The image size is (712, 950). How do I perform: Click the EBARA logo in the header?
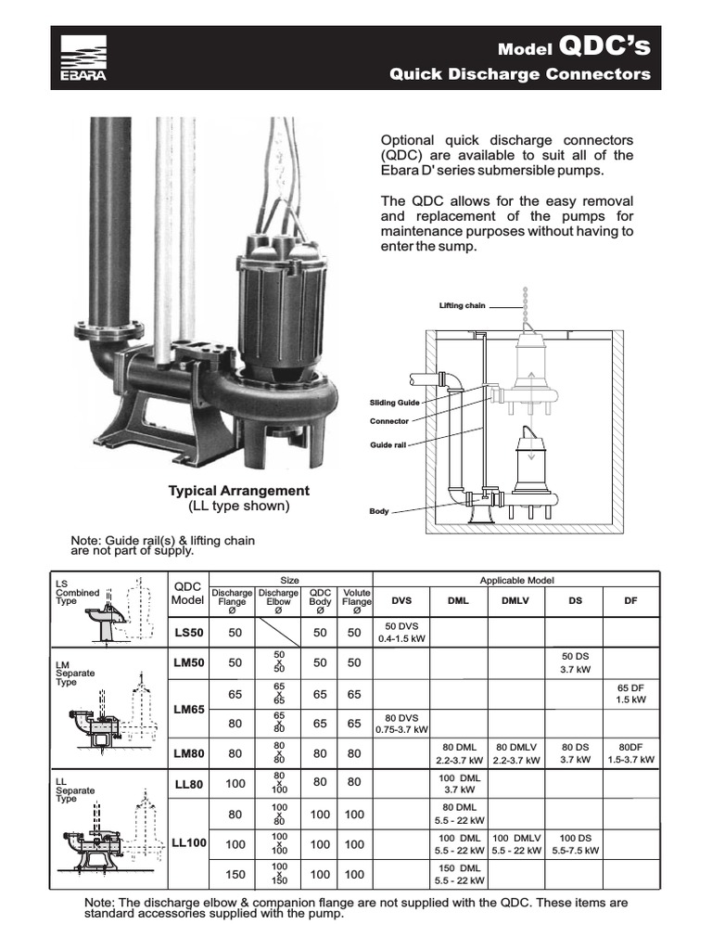point(83,58)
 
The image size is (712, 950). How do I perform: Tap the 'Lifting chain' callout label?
point(462,305)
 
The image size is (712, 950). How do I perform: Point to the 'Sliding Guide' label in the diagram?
point(395,403)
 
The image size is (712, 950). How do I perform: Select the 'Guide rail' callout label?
point(388,444)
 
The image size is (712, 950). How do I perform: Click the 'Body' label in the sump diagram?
point(379,511)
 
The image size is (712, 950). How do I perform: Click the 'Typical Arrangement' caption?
point(238,491)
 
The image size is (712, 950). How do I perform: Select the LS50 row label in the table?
point(188,632)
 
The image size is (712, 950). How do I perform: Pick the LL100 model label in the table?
point(188,843)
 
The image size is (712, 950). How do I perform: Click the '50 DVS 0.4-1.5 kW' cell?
point(402,632)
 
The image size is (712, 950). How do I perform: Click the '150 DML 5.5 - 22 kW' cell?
point(459,874)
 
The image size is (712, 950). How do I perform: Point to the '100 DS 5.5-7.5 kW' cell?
point(575,843)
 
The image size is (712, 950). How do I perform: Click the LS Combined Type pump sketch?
point(117,612)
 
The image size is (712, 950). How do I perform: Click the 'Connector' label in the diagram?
point(389,420)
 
